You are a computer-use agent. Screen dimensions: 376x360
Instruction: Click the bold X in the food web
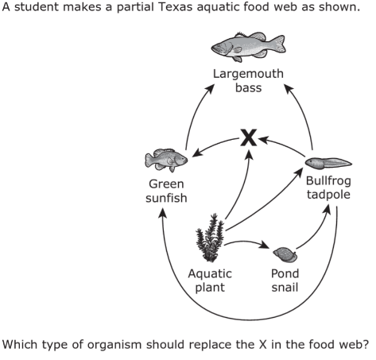249,137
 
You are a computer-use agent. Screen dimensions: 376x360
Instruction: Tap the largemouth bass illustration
248,47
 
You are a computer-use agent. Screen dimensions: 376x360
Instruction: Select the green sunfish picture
166,160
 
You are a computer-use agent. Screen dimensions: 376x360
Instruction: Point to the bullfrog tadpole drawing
328,163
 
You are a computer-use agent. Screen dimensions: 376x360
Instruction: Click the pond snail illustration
285,255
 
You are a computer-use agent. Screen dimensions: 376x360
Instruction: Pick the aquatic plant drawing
210,238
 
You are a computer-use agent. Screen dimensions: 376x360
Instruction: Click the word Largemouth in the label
248,74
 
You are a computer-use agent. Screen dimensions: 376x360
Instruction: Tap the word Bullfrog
328,181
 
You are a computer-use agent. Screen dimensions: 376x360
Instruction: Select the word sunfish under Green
166,198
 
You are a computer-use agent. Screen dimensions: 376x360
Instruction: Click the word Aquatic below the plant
210,273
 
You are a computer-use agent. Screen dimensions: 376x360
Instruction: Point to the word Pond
285,273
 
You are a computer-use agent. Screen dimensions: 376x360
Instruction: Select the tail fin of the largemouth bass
279,44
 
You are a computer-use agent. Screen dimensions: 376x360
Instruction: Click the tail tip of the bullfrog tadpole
351,164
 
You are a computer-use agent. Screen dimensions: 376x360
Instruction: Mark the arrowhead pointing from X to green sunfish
196,153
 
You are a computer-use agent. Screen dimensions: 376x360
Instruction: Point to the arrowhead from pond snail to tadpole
328,209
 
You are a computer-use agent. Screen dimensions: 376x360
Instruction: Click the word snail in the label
285,288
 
